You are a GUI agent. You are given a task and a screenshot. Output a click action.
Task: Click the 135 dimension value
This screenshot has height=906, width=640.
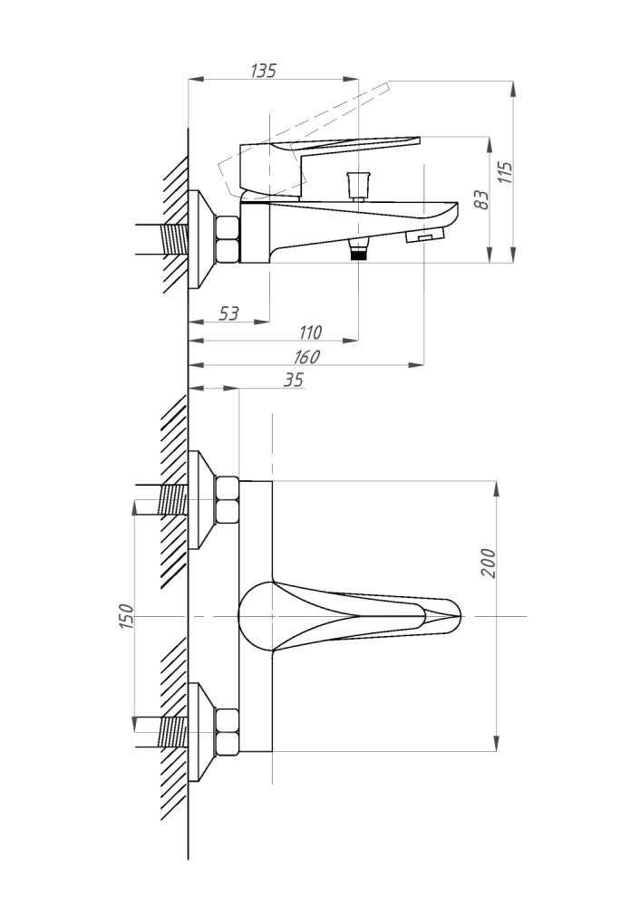coord(264,71)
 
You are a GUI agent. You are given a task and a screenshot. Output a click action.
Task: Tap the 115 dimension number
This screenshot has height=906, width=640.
coord(505,172)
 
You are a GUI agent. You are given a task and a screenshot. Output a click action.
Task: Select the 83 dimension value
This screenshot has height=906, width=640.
coord(481,199)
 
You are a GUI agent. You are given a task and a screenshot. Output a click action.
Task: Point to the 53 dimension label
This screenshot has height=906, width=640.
coord(229,313)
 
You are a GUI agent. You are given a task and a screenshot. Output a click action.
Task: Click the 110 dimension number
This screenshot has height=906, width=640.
coord(310,333)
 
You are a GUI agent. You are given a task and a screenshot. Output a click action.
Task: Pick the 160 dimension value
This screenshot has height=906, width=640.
coord(306,357)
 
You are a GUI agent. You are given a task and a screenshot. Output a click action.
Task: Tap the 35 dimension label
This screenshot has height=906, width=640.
coord(294,380)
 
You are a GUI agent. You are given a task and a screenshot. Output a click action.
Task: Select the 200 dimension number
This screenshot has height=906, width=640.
coord(489,563)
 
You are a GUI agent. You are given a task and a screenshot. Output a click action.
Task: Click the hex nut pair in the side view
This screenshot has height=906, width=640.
coord(228,238)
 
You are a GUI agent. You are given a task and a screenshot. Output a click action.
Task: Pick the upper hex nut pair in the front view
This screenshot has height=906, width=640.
coord(228,500)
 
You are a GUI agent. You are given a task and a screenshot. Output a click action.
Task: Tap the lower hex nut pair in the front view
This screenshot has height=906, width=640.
coord(228,732)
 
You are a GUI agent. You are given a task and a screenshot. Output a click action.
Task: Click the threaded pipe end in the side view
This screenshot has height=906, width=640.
coord(174,239)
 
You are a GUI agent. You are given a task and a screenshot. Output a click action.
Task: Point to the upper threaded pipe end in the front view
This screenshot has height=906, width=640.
coord(173,500)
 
